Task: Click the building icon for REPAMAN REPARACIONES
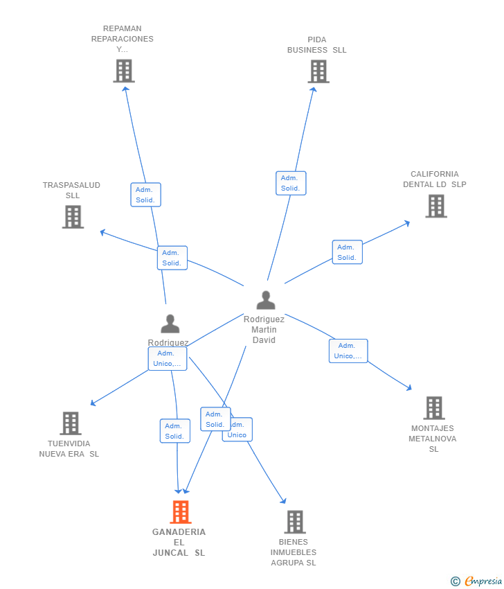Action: tap(123, 71)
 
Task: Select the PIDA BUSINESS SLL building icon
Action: tap(318, 71)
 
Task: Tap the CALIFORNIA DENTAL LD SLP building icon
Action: tap(435, 206)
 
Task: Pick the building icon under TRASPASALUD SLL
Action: tap(73, 217)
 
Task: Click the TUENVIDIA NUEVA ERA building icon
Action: tap(70, 423)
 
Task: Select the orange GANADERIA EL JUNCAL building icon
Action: tap(180, 512)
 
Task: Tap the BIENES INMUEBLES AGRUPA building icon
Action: tap(295, 522)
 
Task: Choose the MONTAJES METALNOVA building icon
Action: tap(434, 408)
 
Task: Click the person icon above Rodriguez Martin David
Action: tap(266, 300)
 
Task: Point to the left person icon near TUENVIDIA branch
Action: tap(170, 324)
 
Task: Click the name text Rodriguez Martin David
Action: tap(264, 330)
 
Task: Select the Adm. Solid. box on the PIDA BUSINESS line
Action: tap(290, 183)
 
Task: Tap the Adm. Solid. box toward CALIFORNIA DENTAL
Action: tap(347, 252)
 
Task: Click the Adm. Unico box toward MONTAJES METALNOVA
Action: tap(348, 351)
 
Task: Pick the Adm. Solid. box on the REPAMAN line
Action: tap(145, 195)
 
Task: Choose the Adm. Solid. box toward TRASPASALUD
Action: tap(172, 258)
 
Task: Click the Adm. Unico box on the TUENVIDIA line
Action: tap(167, 358)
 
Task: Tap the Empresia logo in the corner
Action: tap(477, 581)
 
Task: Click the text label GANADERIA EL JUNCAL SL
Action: tap(179, 543)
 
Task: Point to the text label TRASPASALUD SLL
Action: tap(72, 190)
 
